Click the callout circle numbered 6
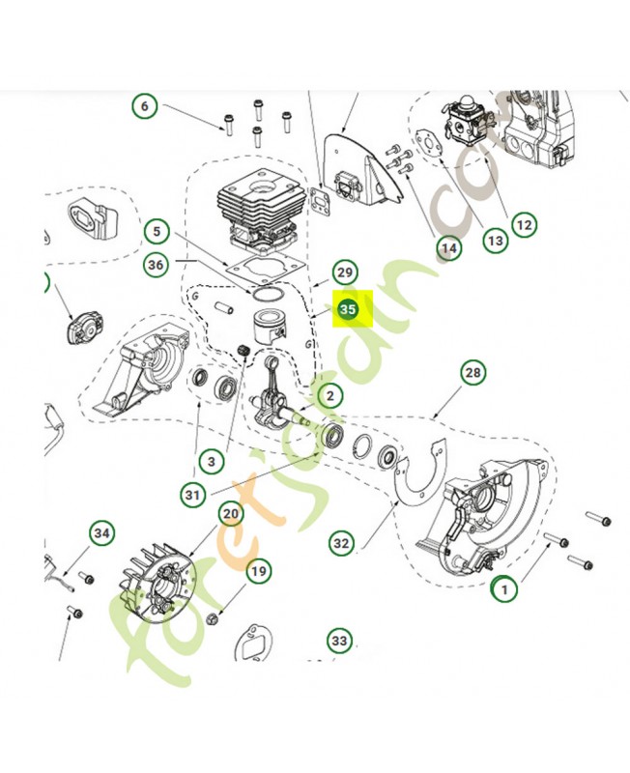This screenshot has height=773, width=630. [x=145, y=105]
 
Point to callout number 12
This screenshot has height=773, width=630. [x=524, y=225]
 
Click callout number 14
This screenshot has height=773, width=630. [x=448, y=249]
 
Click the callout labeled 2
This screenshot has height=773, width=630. [x=329, y=395]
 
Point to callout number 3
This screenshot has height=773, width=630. [x=211, y=461]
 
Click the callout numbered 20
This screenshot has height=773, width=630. [x=229, y=513]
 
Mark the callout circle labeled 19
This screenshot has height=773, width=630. [x=258, y=571]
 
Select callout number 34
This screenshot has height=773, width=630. [x=102, y=532]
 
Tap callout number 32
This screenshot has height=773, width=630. [x=341, y=544]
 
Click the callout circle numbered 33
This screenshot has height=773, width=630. [x=338, y=641]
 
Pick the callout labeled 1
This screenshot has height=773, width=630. [x=503, y=587]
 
